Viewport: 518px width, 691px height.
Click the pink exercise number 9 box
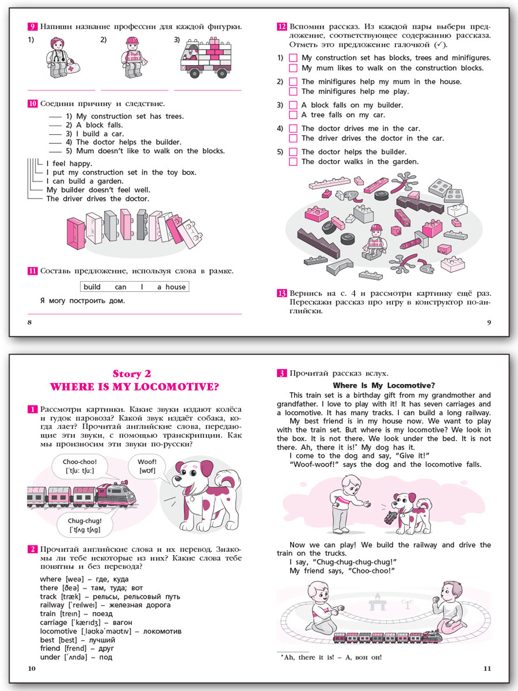(x=32, y=26)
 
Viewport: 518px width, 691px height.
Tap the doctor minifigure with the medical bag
(x=62, y=57)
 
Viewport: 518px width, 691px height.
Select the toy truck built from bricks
(x=207, y=58)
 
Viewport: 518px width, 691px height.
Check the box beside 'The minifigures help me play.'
(x=293, y=92)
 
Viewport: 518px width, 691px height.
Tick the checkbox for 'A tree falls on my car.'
(x=293, y=115)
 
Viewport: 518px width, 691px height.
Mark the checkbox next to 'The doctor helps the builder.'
(x=293, y=152)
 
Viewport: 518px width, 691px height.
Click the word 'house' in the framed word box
(x=176, y=287)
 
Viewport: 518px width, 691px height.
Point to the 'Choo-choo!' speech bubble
(x=80, y=466)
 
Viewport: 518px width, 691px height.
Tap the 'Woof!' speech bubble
(x=147, y=466)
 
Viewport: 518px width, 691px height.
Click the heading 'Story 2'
(x=132, y=374)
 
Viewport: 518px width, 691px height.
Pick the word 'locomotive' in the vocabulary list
(x=59, y=631)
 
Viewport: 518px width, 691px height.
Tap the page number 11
(x=487, y=669)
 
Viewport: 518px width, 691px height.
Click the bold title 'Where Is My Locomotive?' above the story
(x=384, y=385)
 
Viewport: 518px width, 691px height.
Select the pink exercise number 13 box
(x=282, y=294)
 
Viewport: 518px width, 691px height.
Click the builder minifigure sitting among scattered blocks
(x=376, y=242)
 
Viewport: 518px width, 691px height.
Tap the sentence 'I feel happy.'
(x=69, y=164)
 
